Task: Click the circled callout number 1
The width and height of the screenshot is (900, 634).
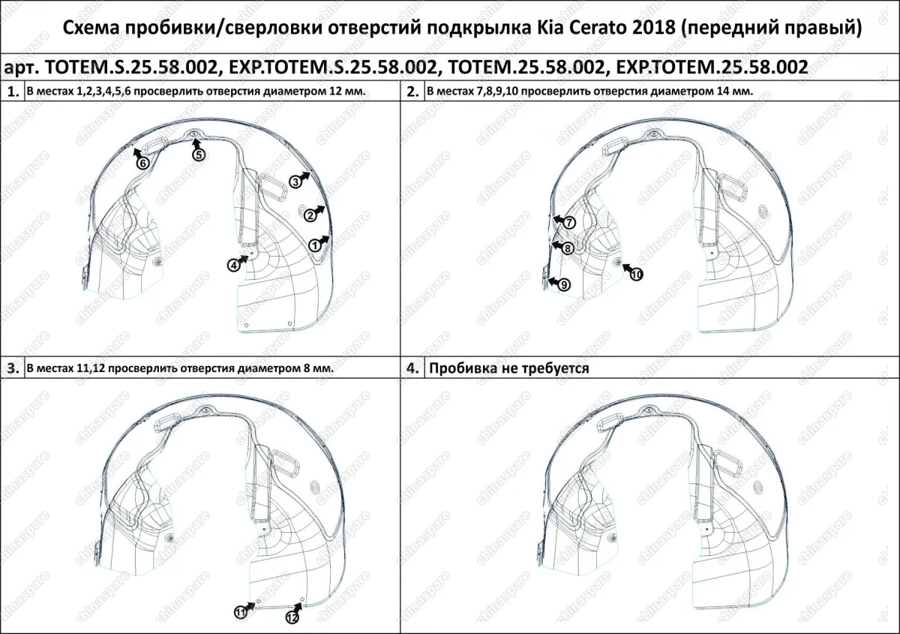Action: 315,244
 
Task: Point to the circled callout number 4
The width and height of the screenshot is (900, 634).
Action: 235,264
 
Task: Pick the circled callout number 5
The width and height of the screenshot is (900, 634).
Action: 199,155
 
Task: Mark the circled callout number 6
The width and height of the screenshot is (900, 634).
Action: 142,163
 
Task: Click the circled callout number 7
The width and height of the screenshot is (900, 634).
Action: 568,223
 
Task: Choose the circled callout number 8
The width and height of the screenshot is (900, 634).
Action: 568,248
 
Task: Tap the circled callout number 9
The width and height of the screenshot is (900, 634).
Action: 564,284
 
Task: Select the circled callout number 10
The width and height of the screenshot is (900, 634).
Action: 636,275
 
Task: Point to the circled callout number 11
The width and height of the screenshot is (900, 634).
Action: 240,612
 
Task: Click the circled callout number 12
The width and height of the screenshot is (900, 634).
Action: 292,617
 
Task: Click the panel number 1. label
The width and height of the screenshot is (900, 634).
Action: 13,92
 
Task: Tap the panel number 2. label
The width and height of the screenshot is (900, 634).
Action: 412,92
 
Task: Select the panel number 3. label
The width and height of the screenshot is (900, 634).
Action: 13,368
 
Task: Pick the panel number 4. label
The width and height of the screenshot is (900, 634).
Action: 412,368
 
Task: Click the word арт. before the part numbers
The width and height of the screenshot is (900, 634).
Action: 22,67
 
